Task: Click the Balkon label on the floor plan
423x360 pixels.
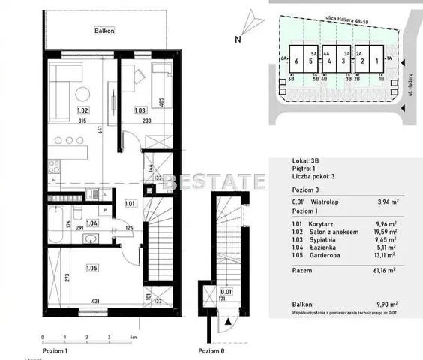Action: tap(103, 31)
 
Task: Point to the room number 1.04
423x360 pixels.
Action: tap(92, 222)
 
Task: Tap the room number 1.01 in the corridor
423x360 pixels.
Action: tap(130, 202)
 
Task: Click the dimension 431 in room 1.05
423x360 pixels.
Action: tap(96, 301)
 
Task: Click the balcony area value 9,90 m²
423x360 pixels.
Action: tap(384, 304)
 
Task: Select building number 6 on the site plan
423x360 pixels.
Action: tap(298, 61)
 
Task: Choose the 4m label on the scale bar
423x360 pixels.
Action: tap(133, 338)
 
